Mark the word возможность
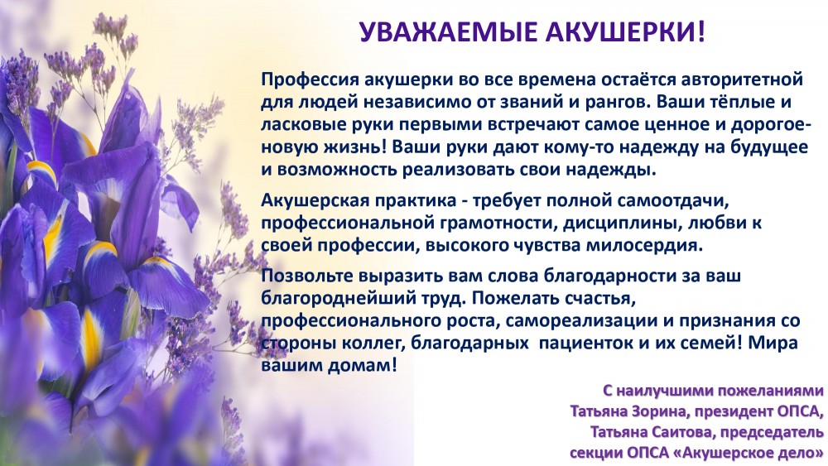click(x=337, y=170)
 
